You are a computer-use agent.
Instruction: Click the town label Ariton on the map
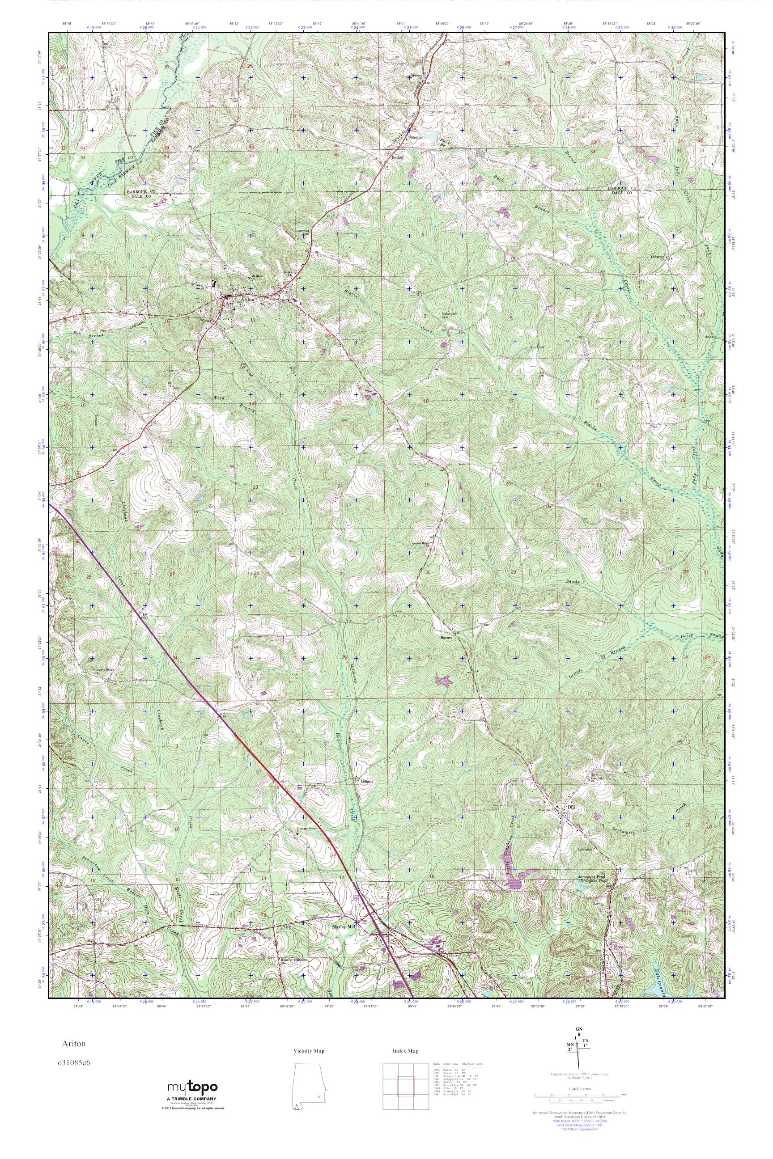[x=247, y=299]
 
